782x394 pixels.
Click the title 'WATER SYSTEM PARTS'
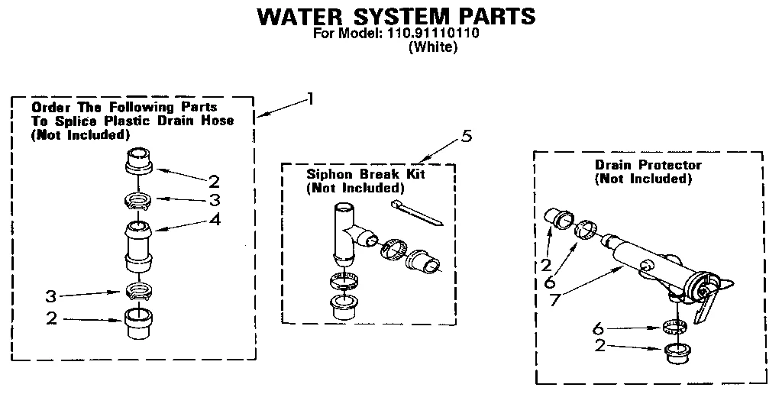click(x=395, y=17)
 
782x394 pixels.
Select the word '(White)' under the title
click(x=433, y=47)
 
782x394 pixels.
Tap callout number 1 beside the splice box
click(x=309, y=98)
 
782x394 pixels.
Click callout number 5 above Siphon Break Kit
click(x=467, y=137)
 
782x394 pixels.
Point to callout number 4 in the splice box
click(x=216, y=219)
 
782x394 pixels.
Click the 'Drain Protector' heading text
click(x=648, y=165)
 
